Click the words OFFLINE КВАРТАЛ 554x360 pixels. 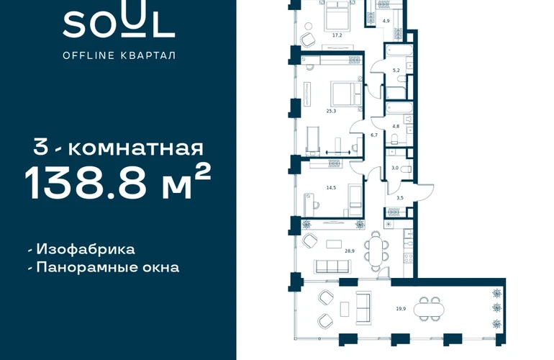(119, 55)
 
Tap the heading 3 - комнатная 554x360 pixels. (119, 148)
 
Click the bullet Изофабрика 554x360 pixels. (81, 249)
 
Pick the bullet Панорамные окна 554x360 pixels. (104, 267)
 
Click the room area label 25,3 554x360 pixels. (331, 111)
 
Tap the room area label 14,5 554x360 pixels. (331, 188)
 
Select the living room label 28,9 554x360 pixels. (350, 251)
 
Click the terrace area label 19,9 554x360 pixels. (401, 309)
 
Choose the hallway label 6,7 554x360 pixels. (374, 135)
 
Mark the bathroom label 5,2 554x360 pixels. (396, 71)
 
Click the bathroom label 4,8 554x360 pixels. (396, 126)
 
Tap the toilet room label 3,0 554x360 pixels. (395, 168)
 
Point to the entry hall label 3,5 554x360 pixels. (400, 198)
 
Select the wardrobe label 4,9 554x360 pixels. (386, 21)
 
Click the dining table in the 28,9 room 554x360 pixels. (377, 251)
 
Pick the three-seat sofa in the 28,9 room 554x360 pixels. (333, 266)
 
